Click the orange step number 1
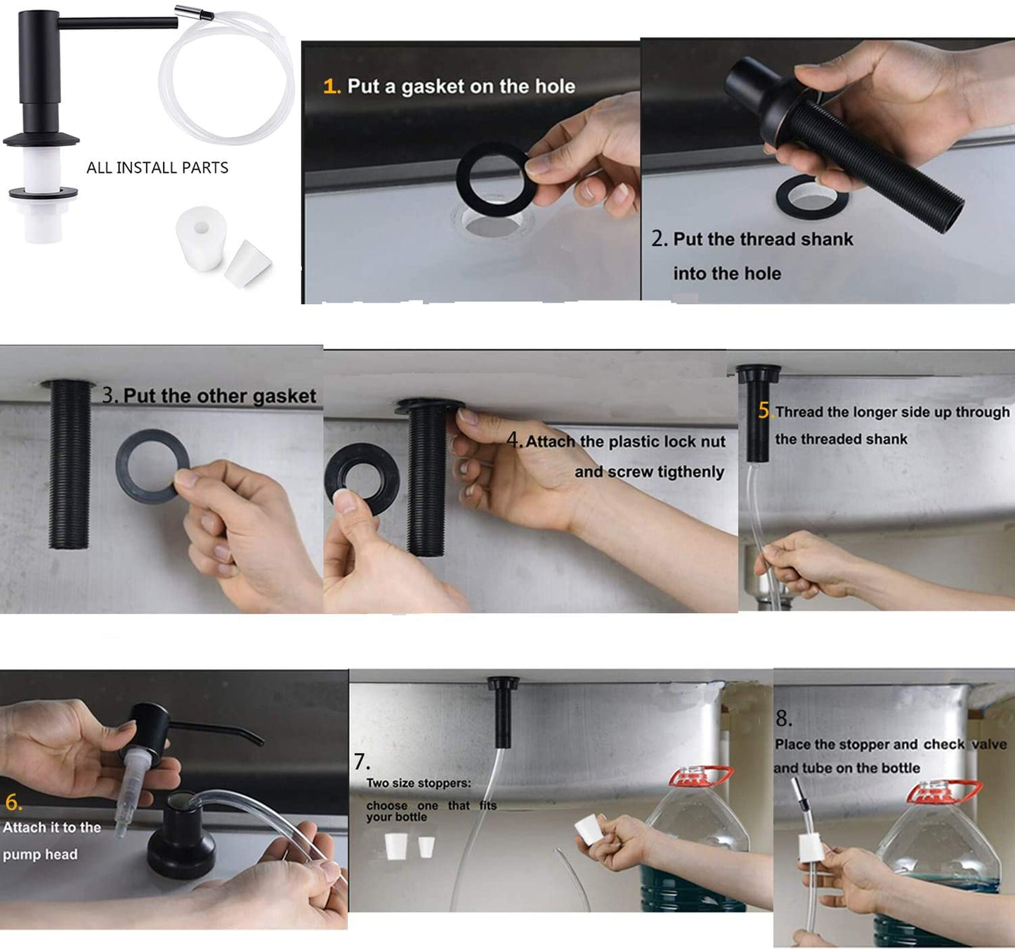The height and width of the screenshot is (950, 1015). point(331,86)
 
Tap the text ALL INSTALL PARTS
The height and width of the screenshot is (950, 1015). point(157,168)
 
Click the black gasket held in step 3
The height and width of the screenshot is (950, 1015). point(152,467)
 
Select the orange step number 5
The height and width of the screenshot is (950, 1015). point(765,411)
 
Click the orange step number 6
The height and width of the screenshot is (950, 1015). point(13,802)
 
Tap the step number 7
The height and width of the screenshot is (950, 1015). point(361,762)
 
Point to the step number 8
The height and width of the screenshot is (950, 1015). point(784,718)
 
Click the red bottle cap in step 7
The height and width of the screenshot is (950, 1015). point(700,777)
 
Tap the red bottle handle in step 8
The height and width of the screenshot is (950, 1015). point(943,791)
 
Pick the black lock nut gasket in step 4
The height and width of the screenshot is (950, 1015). point(361,480)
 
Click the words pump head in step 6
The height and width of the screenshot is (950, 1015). point(40,855)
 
